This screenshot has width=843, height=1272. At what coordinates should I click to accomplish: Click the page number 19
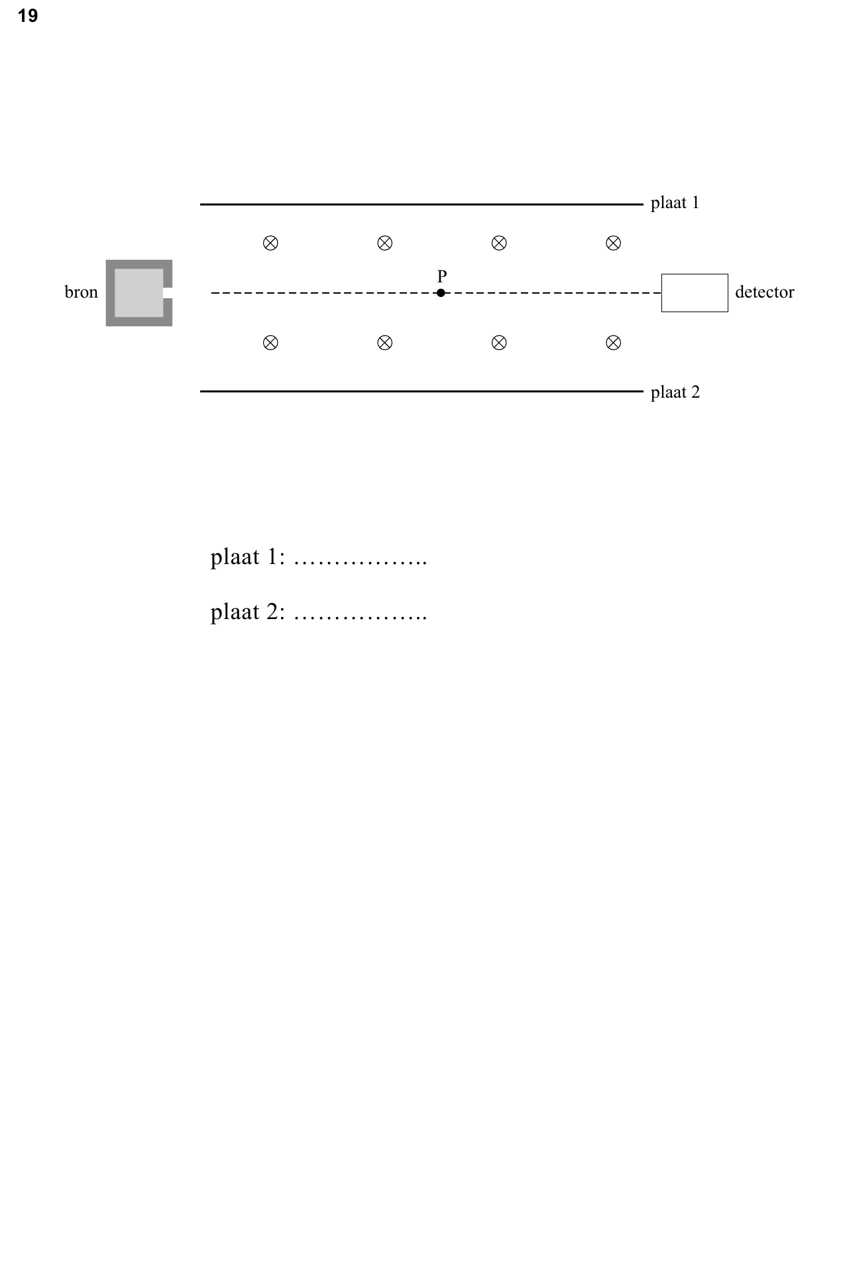28,16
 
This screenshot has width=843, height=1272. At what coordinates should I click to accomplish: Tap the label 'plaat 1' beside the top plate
675,203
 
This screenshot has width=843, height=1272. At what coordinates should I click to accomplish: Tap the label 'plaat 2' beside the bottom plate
675,392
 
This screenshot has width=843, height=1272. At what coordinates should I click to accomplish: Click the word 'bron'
81,292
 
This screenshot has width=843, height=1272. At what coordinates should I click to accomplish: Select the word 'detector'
765,292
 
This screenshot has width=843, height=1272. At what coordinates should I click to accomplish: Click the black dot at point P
441,293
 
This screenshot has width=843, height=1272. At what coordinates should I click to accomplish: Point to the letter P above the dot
442,276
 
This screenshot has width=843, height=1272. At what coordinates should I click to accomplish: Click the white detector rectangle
695,293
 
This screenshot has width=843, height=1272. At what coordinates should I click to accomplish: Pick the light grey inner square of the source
139,293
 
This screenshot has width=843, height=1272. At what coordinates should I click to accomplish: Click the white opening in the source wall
168,293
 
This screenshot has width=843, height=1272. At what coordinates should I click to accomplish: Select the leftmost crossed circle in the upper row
270,243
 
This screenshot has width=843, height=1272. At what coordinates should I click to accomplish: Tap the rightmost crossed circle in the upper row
614,243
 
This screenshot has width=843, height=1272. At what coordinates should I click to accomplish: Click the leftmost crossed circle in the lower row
270,343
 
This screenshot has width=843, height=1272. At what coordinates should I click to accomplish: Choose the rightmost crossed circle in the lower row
614,343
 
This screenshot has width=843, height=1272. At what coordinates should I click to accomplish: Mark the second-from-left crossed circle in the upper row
385,243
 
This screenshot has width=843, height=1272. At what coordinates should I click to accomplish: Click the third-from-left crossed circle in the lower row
499,343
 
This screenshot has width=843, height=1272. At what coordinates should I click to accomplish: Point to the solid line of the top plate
421,205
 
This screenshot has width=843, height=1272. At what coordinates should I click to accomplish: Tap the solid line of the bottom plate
421,392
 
